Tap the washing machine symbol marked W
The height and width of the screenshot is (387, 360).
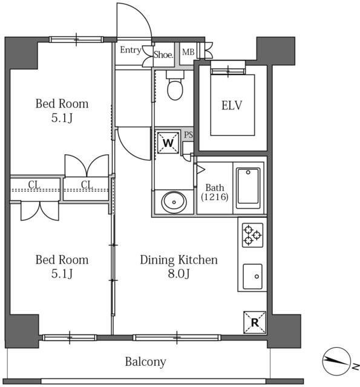(x=168, y=143)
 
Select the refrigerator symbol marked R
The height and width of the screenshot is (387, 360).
(x=255, y=322)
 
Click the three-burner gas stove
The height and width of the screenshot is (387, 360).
(x=252, y=235)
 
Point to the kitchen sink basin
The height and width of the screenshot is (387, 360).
(x=252, y=276)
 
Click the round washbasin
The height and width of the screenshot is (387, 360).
(x=174, y=202)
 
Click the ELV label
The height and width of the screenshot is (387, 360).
(x=232, y=105)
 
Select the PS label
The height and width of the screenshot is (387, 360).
(x=188, y=135)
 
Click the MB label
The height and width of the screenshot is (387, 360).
(x=188, y=52)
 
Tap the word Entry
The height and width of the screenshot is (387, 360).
(x=131, y=50)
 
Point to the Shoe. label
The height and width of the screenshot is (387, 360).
(x=163, y=54)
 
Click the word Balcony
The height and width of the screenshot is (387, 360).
(x=145, y=362)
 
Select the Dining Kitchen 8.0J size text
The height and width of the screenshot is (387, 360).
(x=178, y=273)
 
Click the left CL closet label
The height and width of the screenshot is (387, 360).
(x=34, y=184)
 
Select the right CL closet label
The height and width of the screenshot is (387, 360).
(x=87, y=184)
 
